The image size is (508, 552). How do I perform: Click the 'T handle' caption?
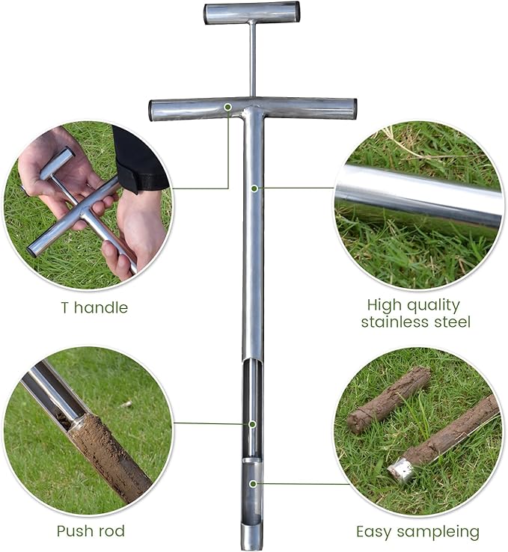pos(94,307)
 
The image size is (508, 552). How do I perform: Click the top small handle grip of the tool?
pos(252,13)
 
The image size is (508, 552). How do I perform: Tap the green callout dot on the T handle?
pos(227,108)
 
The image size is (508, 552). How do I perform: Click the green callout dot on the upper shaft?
pos(254,188)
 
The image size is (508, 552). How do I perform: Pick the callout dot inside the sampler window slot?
pos(252,424)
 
